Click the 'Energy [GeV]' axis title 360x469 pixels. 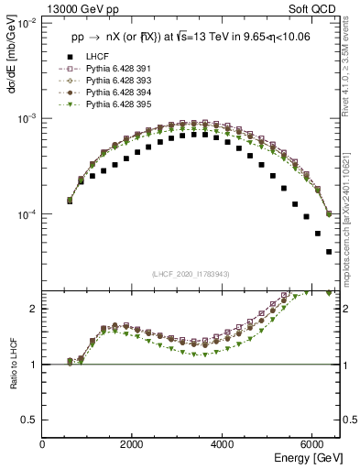(305, 457)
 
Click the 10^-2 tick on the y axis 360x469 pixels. (26, 23)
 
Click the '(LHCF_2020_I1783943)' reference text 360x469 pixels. (191, 275)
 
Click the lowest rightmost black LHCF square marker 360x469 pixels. (329, 251)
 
